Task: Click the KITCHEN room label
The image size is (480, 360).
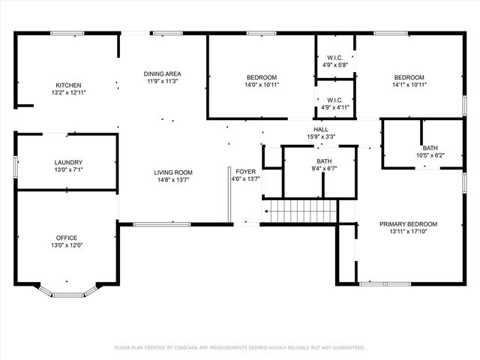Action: click(68, 85)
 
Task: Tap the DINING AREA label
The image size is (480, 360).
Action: click(163, 73)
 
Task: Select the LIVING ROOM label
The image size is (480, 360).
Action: click(174, 172)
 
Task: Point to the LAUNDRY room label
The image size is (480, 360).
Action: click(68, 163)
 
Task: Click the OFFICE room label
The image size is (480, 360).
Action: click(67, 238)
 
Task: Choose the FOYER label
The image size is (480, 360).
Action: click(246, 172)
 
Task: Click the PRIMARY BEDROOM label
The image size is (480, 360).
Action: click(408, 224)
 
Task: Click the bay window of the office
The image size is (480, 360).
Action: click(68, 290)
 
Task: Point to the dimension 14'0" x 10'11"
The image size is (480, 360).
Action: click(262, 85)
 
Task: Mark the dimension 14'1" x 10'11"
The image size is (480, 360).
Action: click(409, 85)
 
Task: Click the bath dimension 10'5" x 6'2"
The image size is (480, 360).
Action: click(430, 155)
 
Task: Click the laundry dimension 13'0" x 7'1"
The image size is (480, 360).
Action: click(68, 170)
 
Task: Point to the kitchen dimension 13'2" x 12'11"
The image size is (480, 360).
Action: click(69, 92)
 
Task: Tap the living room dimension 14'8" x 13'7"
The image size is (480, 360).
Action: click(174, 180)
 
